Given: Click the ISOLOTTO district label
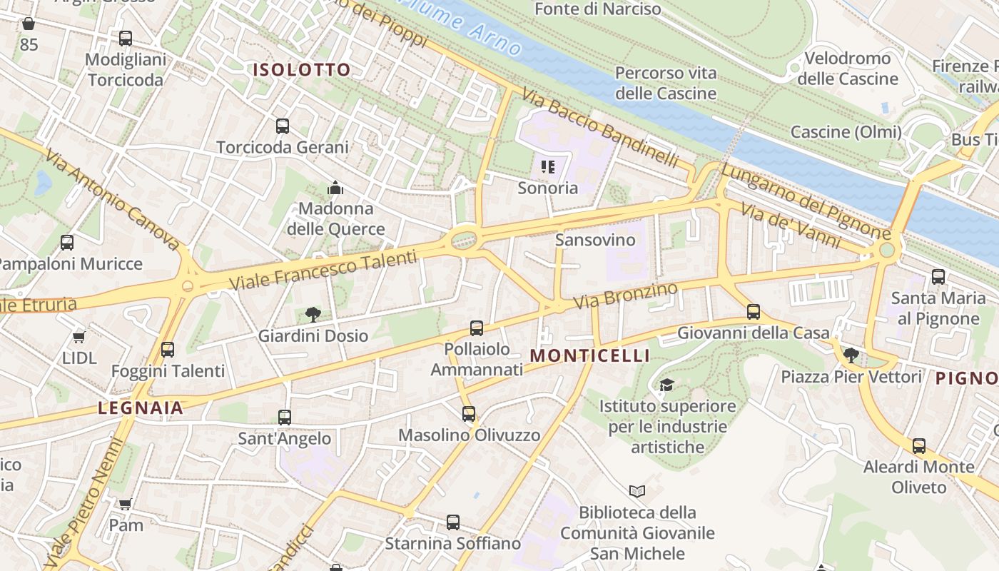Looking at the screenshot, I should point(302,70).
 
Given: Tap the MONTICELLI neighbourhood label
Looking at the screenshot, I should point(590,355).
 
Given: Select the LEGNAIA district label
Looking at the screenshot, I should point(141,408).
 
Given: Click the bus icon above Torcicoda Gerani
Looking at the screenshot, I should point(283,126).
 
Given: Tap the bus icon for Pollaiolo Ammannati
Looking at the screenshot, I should point(477,328).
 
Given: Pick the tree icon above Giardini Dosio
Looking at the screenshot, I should point(313,314).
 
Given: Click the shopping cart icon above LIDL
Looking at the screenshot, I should point(79,337).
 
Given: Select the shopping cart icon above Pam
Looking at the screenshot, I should point(126,505).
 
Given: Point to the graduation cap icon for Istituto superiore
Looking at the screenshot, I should point(666,385).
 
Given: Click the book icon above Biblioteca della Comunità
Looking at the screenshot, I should point(637,491).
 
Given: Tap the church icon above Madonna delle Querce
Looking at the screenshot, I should point(335,188).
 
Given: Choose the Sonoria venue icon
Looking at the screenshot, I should point(547,168).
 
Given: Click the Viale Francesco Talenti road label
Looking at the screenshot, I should point(323,270).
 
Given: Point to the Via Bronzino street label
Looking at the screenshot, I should point(625,295).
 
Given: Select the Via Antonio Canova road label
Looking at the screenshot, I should point(113,199).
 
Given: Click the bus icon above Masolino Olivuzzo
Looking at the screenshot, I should point(469,414).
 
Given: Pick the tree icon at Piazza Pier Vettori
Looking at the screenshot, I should point(851,355).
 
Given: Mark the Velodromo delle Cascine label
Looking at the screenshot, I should point(847,69).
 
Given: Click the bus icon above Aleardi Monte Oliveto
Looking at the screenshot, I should point(919,446).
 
